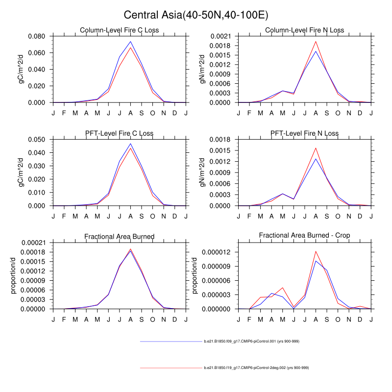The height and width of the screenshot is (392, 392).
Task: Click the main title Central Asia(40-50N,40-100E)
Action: (x=196, y=15)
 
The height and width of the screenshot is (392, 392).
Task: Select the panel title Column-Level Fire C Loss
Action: (x=120, y=30)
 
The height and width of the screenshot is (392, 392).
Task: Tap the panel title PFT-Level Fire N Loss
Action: (x=305, y=133)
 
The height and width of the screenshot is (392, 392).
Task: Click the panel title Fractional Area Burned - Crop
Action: (x=305, y=236)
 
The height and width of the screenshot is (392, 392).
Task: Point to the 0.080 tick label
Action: (x=37, y=36)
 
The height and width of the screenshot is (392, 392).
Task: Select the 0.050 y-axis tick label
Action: (x=37, y=139)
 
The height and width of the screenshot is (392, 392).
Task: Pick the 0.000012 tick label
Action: (x=216, y=252)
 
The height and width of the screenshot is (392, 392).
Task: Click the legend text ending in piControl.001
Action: (x=251, y=341)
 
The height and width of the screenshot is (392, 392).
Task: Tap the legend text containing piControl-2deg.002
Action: (x=256, y=367)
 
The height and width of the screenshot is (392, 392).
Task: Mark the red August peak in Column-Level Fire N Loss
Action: (x=316, y=41)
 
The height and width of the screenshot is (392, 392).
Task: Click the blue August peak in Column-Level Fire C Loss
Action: (x=131, y=41)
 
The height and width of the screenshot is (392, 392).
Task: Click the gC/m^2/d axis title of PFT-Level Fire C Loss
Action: (x=21, y=172)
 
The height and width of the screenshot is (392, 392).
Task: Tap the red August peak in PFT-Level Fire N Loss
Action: (x=316, y=148)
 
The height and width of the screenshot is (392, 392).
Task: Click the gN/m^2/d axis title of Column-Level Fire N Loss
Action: (x=202, y=70)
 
